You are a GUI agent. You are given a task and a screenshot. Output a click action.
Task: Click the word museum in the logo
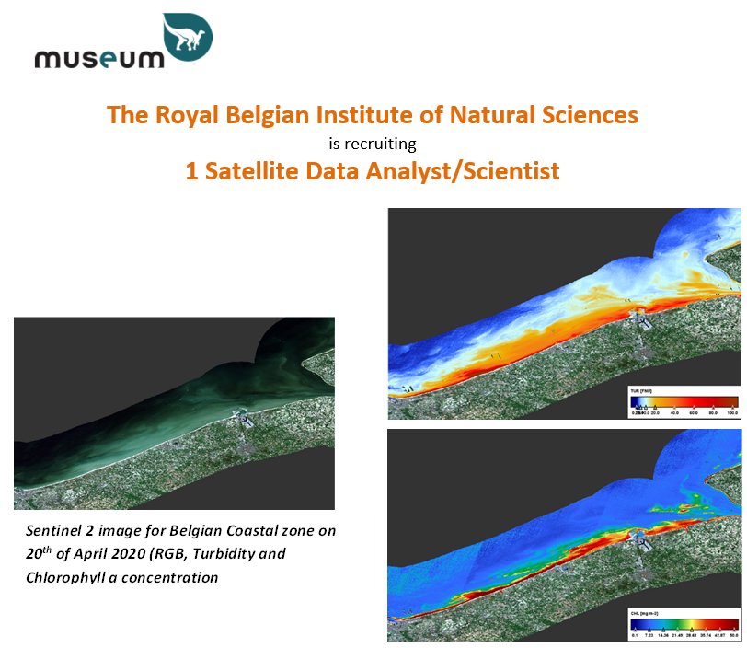pyautogui.click(x=98, y=58)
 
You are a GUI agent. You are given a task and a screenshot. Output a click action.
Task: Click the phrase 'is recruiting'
pyautogui.click(x=373, y=144)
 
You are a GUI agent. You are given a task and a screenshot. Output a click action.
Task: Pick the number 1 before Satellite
pyautogui.click(x=192, y=171)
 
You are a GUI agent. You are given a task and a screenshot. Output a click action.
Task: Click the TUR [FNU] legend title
pyautogui.click(x=638, y=392)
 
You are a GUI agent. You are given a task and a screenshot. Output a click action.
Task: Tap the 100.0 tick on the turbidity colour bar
pyautogui.click(x=733, y=413)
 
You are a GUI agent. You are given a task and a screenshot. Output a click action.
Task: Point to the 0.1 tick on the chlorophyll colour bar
pyautogui.click(x=635, y=633)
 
